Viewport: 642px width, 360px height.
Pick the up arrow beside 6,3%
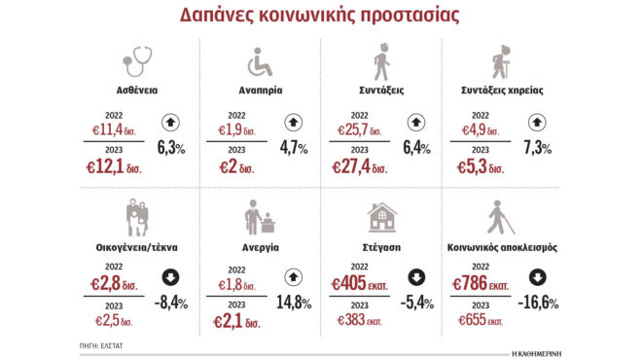pos(170,124)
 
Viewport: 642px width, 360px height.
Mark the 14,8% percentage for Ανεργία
pos(294,304)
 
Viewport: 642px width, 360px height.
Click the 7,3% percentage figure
pos(537,148)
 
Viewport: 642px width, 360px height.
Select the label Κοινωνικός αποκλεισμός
pos(502,248)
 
